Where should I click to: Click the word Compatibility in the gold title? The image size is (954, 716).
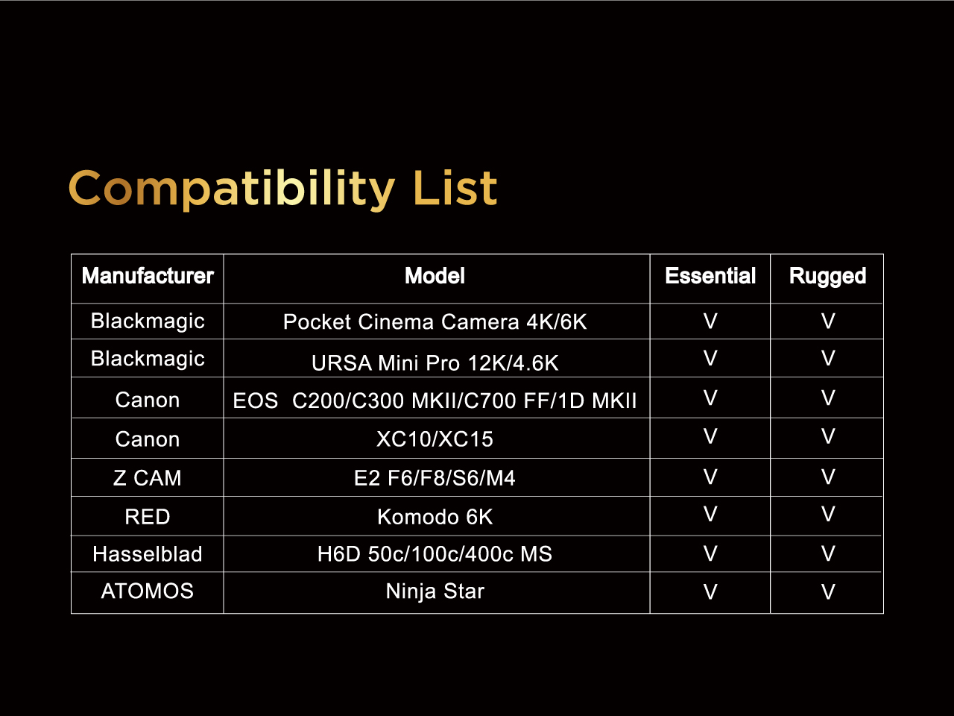pyautogui.click(x=232, y=189)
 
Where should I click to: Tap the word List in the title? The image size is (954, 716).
pyautogui.click(x=455, y=187)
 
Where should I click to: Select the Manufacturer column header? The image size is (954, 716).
pyautogui.click(x=148, y=276)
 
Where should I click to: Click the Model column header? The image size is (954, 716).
pyautogui.click(x=435, y=276)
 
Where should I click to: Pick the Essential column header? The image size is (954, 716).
pyautogui.click(x=710, y=276)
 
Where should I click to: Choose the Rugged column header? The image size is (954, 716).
pyautogui.click(x=827, y=277)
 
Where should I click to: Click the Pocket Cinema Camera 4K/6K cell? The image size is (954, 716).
pyautogui.click(x=435, y=321)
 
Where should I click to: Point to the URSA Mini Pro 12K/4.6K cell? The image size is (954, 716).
pyautogui.click(x=435, y=362)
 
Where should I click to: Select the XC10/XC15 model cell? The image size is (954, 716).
pyautogui.click(x=435, y=439)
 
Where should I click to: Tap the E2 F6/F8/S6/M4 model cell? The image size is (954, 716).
pyautogui.click(x=435, y=478)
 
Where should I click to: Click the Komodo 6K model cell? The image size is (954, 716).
pyautogui.click(x=435, y=516)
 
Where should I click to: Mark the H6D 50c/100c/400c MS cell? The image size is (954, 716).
pyautogui.click(x=435, y=554)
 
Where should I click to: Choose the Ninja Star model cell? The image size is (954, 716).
pyautogui.click(x=435, y=591)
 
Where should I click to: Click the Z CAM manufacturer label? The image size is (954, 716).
pyautogui.click(x=148, y=478)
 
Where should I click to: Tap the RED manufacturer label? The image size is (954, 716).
pyautogui.click(x=148, y=516)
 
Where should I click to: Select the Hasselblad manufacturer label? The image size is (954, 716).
pyautogui.click(x=148, y=554)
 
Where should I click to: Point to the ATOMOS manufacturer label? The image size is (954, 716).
pyautogui.click(x=148, y=591)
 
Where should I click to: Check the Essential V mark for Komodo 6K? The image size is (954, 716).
pyautogui.click(x=710, y=514)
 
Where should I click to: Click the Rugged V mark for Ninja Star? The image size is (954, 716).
pyautogui.click(x=828, y=591)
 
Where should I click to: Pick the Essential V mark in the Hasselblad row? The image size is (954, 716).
pyautogui.click(x=710, y=553)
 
